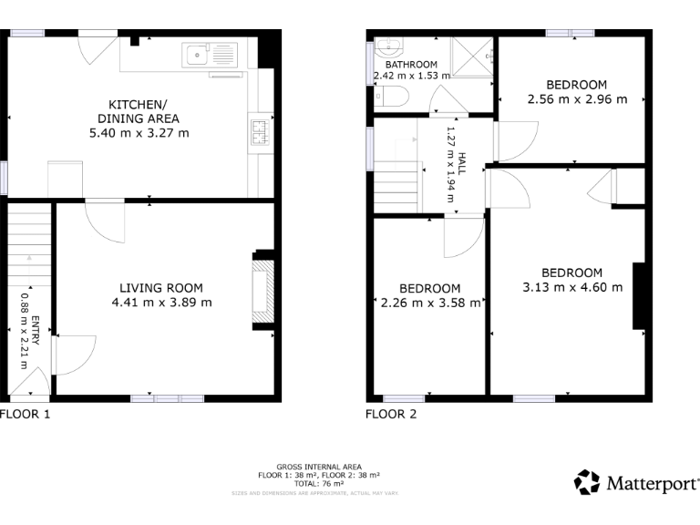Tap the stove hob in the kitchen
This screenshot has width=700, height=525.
[261, 132]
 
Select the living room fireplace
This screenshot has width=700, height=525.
[262, 291]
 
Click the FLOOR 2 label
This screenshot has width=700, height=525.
[391, 415]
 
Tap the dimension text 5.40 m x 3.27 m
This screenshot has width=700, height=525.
[139, 133]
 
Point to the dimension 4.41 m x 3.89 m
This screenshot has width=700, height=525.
[161, 303]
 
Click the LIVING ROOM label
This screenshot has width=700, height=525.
[161, 288]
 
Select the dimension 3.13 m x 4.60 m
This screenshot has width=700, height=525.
[572, 287]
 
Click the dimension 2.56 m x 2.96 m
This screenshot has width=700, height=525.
[577, 99]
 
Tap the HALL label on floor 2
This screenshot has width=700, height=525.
[462, 164]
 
